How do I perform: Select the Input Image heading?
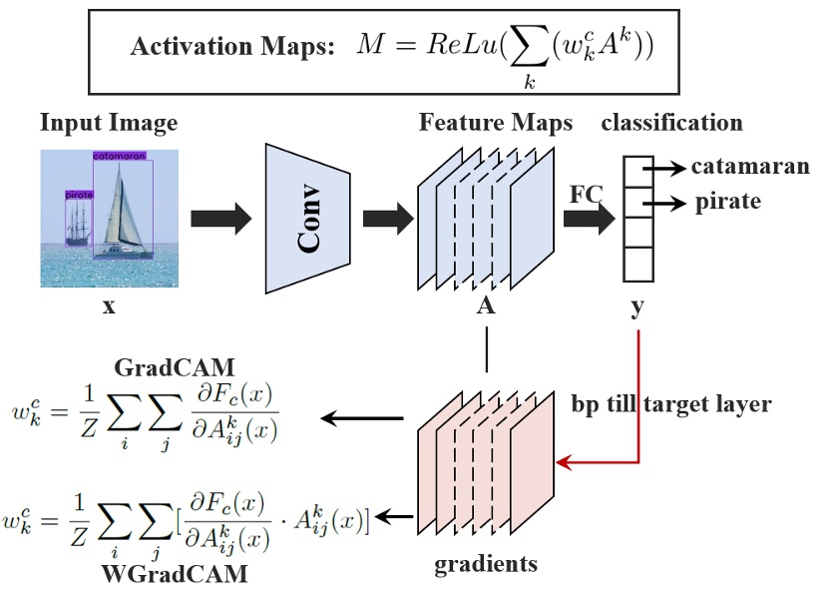click(x=109, y=124)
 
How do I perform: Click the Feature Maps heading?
click(x=496, y=124)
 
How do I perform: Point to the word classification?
click(x=671, y=124)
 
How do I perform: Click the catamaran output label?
click(x=749, y=166)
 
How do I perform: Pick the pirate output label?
click(x=727, y=202)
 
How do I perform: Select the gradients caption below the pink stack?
click(x=486, y=564)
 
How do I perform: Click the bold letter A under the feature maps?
click(x=486, y=306)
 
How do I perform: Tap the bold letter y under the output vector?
click(x=637, y=306)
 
